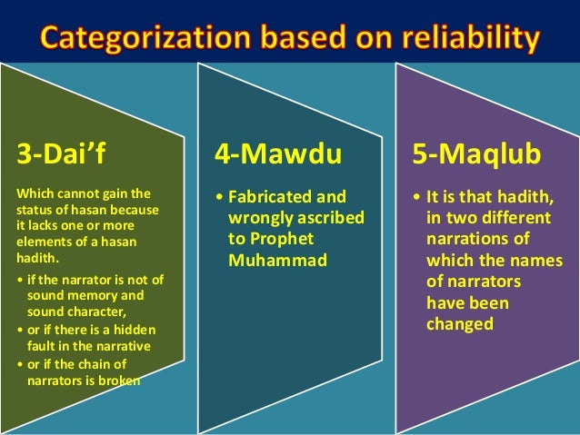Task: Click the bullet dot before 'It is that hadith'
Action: [x=416, y=197]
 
